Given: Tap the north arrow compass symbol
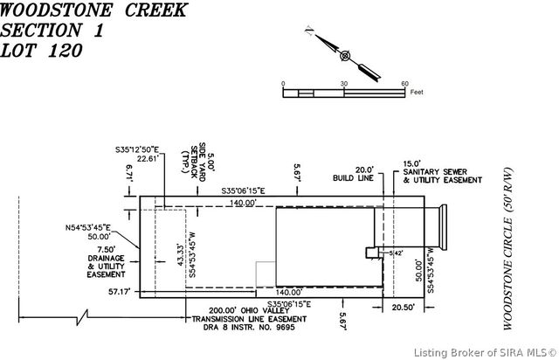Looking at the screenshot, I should [345, 56].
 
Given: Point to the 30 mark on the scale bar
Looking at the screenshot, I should [344, 84].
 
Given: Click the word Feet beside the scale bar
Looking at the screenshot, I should [417, 91].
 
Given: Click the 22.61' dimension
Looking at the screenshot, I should [148, 159].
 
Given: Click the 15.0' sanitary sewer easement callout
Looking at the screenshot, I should [441, 171].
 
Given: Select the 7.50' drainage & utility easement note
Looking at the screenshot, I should [107, 260].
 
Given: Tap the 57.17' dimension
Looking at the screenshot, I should [119, 292].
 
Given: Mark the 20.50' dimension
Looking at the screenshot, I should [403, 307].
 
